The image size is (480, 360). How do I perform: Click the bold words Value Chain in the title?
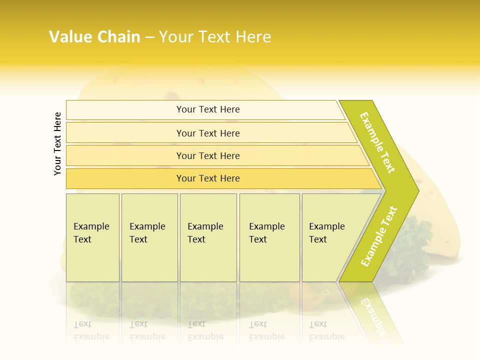pyautogui.click(x=94, y=37)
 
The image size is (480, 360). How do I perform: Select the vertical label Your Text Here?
pyautogui.click(x=57, y=144)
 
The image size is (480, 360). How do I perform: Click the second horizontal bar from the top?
pyautogui.click(x=207, y=133)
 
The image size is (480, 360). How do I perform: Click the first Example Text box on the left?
pyautogui.click(x=92, y=237)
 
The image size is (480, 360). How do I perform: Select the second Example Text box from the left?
pyautogui.click(x=149, y=237)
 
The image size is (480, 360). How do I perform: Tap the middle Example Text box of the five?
pyautogui.click(x=208, y=237)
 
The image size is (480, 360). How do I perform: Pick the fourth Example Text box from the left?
pyautogui.click(x=269, y=237)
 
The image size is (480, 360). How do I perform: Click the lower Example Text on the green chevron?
pyautogui.click(x=379, y=236)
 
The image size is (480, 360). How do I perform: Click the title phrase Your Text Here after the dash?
pyautogui.click(x=215, y=37)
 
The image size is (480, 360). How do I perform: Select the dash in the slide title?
pyautogui.click(x=149, y=37)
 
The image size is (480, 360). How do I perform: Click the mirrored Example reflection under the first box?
pyautogui.click(x=91, y=336)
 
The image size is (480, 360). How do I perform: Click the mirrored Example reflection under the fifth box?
pyautogui.click(x=327, y=336)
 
